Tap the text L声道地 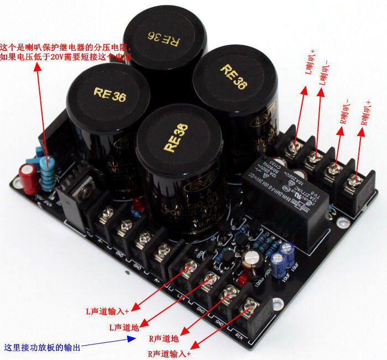coord(123,327)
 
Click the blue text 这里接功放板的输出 coord(42,348)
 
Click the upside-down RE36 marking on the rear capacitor coord(161,38)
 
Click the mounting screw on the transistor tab coord(86,188)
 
